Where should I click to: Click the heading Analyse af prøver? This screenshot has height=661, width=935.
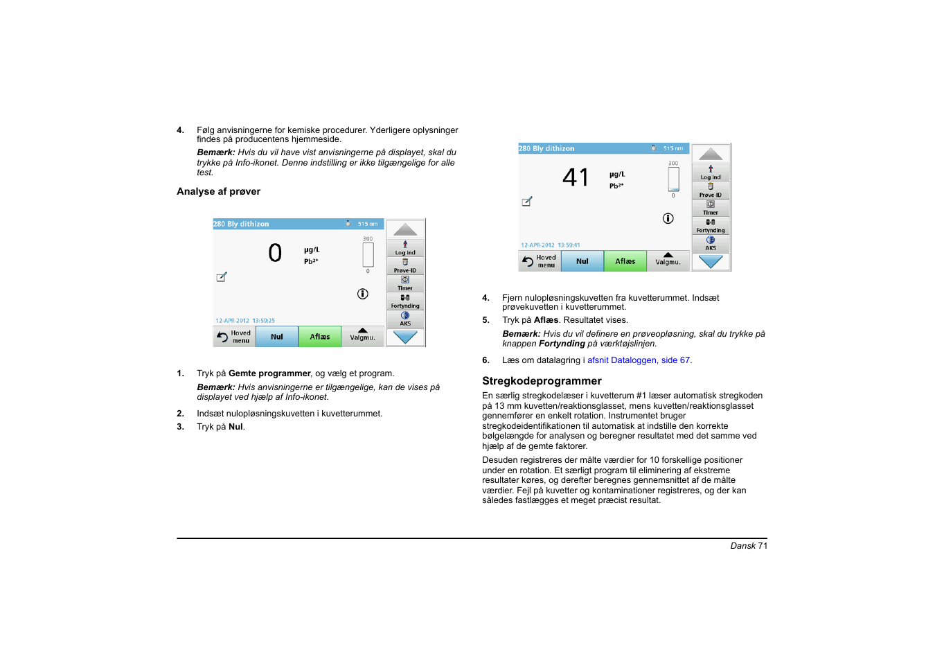tap(218, 192)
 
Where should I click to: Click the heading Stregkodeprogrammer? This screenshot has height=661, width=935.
tap(542, 381)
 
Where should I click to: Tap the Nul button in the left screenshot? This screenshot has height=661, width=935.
tap(277, 337)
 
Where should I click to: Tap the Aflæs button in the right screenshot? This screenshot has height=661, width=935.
tap(625, 261)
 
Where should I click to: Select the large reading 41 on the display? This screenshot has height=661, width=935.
tap(576, 178)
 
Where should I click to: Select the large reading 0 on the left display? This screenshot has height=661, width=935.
tap(275, 253)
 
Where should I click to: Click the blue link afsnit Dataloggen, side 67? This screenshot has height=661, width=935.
tap(639, 360)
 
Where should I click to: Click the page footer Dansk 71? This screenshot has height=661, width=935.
tap(748, 546)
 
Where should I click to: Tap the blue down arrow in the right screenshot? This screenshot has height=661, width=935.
tap(711, 262)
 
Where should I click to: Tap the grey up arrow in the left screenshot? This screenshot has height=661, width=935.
tap(405, 229)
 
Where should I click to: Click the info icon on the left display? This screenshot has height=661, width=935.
tap(362, 294)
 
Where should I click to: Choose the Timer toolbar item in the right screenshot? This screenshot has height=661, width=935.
tap(711, 208)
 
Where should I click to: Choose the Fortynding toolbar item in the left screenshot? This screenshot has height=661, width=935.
tap(405, 301)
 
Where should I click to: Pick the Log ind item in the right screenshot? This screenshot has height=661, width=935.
tap(711, 173)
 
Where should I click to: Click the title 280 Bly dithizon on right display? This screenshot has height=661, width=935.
tap(547, 148)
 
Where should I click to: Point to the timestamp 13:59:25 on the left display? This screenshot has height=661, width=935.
tap(263, 321)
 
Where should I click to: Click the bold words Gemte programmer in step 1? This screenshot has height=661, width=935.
tap(269, 373)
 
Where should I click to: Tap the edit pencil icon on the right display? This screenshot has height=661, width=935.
tap(527, 202)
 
